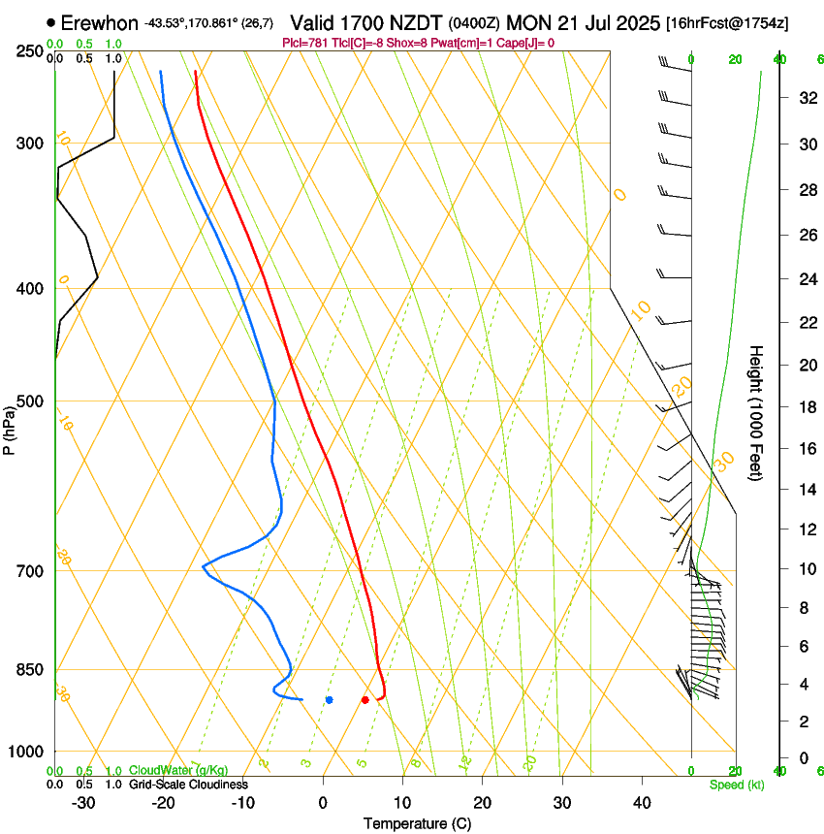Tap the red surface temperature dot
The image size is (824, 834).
pyautogui.click(x=364, y=699)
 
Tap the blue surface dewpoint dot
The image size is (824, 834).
pyautogui.click(x=330, y=699)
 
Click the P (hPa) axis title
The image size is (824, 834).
pyautogui.click(x=10, y=427)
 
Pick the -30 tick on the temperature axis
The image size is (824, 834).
pyautogui.click(x=83, y=802)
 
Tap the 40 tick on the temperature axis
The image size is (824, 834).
pyautogui.click(x=641, y=802)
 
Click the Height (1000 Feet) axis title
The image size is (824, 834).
pyautogui.click(x=757, y=412)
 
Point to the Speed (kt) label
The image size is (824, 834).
pyautogui.click(x=736, y=784)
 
